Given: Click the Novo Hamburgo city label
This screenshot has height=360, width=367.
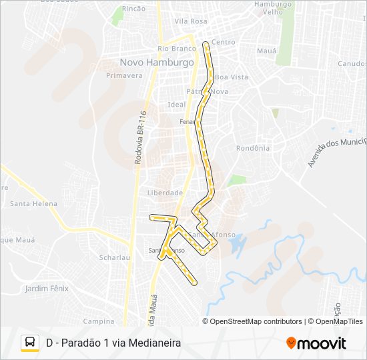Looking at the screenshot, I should pyautogui.click(x=157, y=62).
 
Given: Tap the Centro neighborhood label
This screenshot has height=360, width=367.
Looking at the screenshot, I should pyautogui.click(x=223, y=43).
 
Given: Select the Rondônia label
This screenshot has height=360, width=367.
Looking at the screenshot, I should pyautogui.click(x=253, y=148).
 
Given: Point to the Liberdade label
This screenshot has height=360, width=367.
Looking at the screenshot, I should pyautogui.click(x=165, y=193).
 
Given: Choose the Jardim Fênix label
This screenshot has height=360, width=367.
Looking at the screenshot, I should pyautogui.click(x=47, y=289).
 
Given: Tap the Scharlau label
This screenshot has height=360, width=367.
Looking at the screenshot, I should pyautogui.click(x=113, y=257).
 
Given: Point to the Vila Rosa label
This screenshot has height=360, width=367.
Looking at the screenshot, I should pyautogui.click(x=190, y=21).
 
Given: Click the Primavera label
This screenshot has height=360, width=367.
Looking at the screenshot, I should pyautogui.click(x=124, y=75).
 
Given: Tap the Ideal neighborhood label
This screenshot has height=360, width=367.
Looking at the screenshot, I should pyautogui.click(x=177, y=105).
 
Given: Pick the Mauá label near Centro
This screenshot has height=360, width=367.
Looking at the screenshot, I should pyautogui.click(x=266, y=50).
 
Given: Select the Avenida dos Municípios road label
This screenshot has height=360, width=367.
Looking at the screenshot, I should pyautogui.click(x=338, y=153).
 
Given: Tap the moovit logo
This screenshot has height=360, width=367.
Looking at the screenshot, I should pyautogui.click(x=316, y=343).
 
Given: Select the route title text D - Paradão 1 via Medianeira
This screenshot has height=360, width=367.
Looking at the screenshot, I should pyautogui.click(x=113, y=343).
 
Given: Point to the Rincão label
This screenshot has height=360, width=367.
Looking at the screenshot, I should pyautogui.click(x=134, y=9).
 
